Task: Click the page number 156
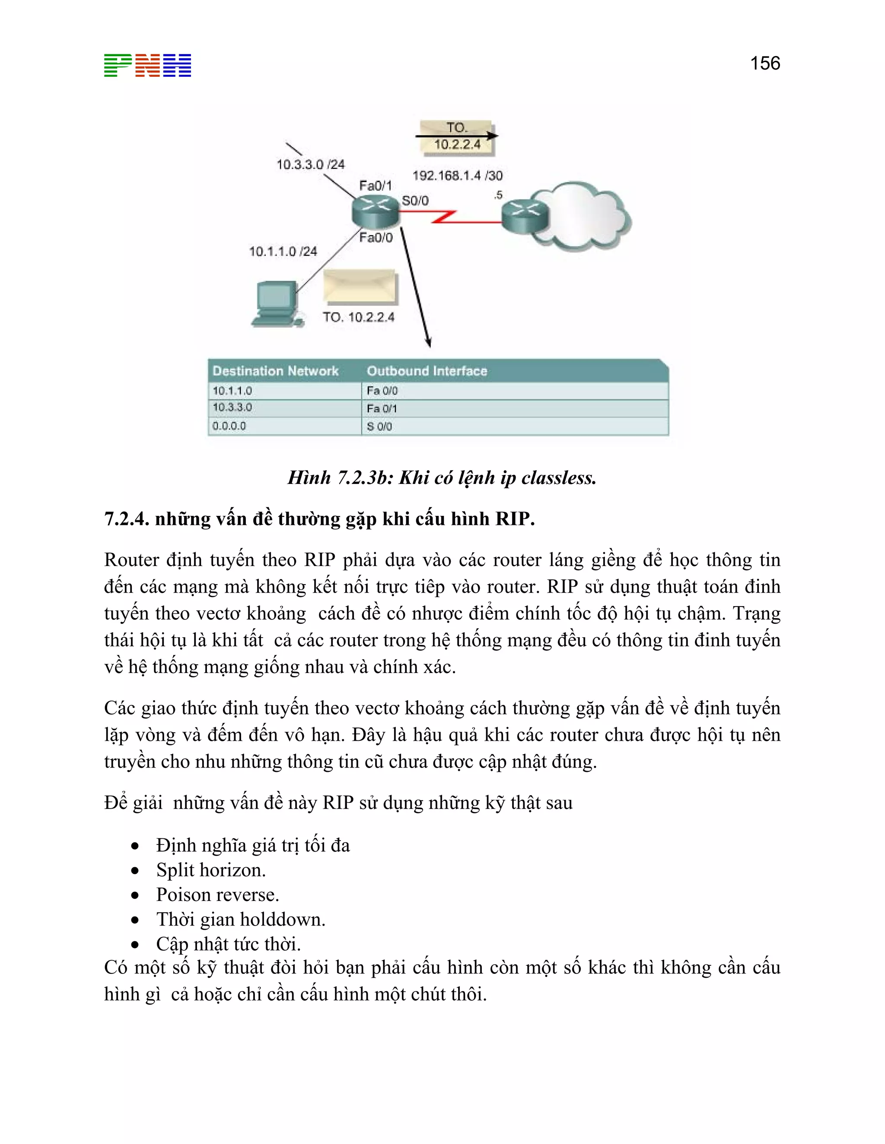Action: tap(764, 63)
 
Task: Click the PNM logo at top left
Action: tap(147, 66)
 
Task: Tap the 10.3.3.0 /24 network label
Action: tap(310, 164)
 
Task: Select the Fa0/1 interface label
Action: tap(376, 186)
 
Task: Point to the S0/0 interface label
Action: tap(415, 201)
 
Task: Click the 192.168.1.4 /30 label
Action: tap(457, 175)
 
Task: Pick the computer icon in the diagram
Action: tap(276, 304)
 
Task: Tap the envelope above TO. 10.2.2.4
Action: tap(361, 287)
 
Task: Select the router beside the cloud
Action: tap(525, 214)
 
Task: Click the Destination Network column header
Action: tap(275, 371)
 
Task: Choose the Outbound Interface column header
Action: tap(427, 371)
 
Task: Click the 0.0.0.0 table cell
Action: tap(229, 426)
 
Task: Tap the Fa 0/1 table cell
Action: tap(382, 408)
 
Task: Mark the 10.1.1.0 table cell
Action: tap(232, 391)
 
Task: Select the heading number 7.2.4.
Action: tap(126, 518)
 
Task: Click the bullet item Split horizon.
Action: tap(211, 870)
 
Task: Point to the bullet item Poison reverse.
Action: tap(217, 894)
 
